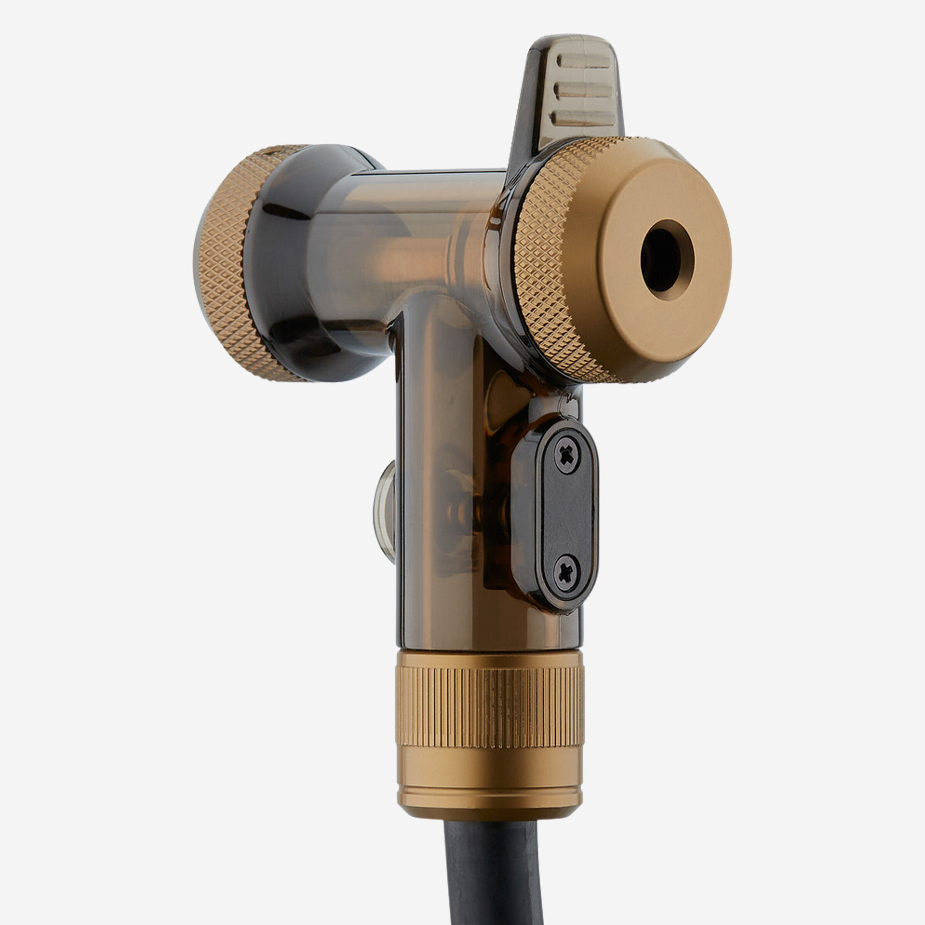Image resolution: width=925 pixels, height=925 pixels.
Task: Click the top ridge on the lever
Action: click(x=585, y=61)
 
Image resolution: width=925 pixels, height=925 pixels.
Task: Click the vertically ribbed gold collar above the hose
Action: click(x=489, y=709)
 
